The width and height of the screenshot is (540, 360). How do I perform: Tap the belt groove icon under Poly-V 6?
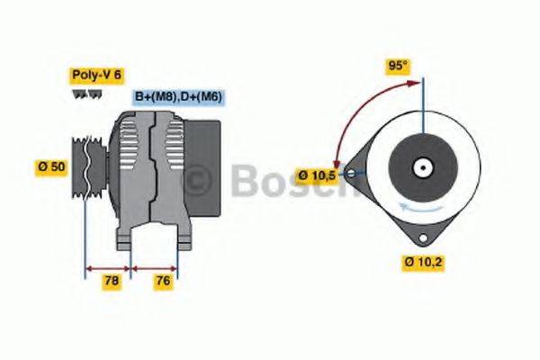83,94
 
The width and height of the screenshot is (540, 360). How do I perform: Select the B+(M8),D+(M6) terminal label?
179,97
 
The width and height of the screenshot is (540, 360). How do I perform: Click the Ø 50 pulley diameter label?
50,166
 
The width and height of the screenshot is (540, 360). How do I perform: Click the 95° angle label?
397,65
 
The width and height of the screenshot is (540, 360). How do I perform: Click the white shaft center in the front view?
421,167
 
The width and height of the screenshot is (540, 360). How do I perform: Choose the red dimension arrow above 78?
108,267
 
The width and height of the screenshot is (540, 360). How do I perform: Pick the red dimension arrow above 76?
155,267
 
